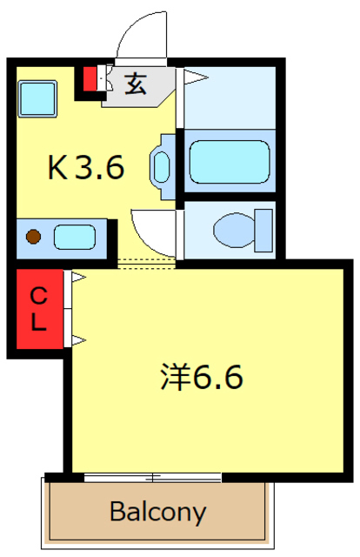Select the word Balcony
click(157, 512)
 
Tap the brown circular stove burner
click(33, 235)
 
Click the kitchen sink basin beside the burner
click(75, 235)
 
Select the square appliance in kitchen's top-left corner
click(37, 96)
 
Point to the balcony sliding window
click(153, 477)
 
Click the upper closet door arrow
click(77, 278)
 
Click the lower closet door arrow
click(77, 339)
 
